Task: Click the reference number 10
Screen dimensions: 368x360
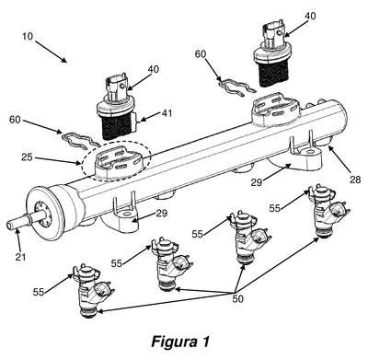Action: [x=28, y=36]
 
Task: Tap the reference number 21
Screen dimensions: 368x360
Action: [x=20, y=256]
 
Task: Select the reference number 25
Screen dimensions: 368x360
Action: [x=28, y=157]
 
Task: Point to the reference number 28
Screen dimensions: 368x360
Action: [x=355, y=180]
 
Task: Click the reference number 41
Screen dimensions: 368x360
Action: [x=167, y=113]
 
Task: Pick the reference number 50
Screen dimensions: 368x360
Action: [x=237, y=298]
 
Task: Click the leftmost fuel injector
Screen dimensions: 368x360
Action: [x=92, y=291]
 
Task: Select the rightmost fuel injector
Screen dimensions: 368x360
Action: [x=328, y=211]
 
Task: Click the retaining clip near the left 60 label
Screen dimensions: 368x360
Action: [x=80, y=140]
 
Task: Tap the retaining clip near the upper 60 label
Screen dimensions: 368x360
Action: [x=237, y=87]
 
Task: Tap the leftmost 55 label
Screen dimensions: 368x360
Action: [x=39, y=292]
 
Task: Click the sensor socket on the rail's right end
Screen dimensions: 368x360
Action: [x=276, y=110]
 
